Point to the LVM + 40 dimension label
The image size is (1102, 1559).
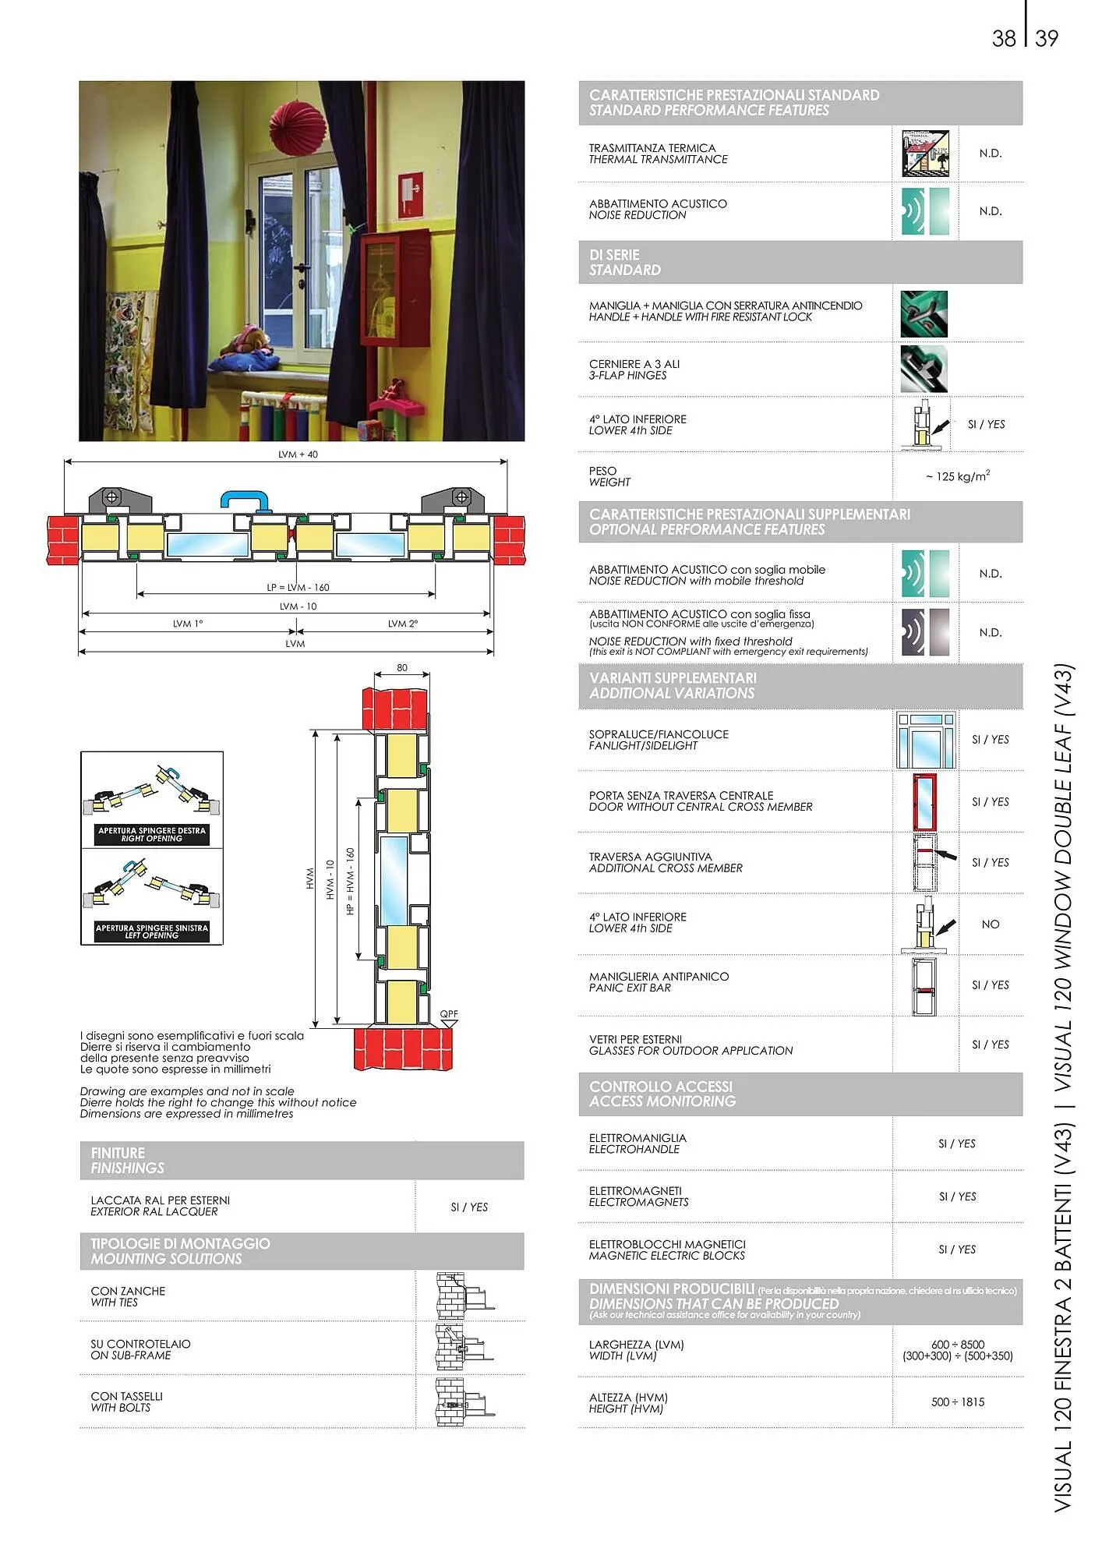pos(298,454)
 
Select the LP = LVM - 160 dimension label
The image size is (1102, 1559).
pos(298,587)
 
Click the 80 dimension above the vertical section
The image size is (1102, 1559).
pos(402,668)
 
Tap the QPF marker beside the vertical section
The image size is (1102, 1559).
pos(449,1015)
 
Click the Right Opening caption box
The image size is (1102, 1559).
pos(152,835)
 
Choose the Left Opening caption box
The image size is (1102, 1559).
pos(152,932)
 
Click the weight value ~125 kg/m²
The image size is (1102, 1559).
pos(957,475)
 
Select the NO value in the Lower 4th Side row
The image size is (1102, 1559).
pos(990,924)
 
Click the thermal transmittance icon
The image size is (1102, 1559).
pos(925,154)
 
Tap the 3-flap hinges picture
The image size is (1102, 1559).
pos(924,369)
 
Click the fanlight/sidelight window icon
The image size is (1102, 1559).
pos(925,740)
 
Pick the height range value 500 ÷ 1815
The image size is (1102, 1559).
pos(957,1402)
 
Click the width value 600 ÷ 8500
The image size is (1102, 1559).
pos(957,1345)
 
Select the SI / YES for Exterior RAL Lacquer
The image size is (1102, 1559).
pos(469,1207)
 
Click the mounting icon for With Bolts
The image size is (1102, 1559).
pos(464,1402)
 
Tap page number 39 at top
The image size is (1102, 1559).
pos(1047,38)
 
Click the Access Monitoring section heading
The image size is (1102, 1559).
pos(662,1094)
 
